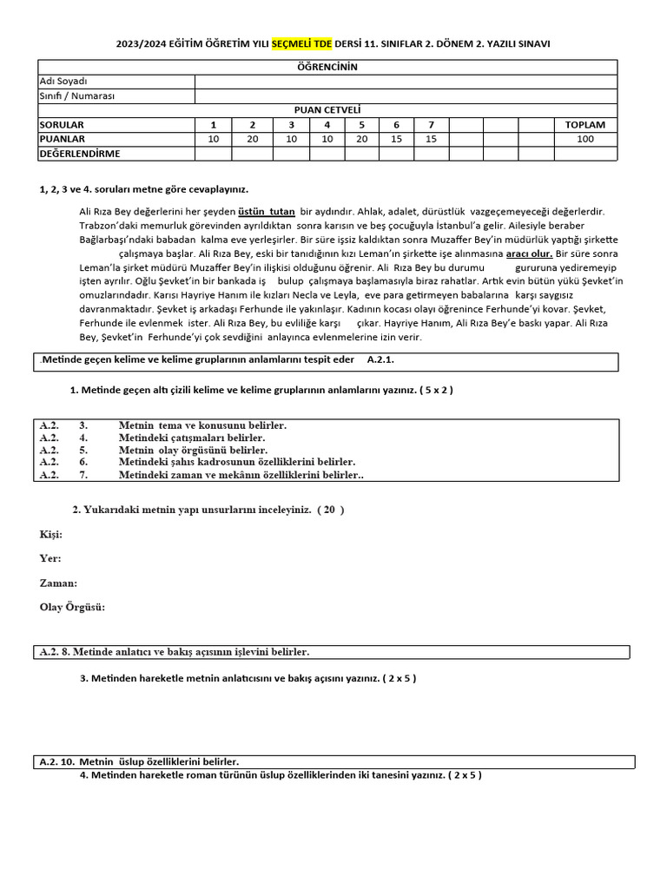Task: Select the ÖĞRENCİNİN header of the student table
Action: click(327, 67)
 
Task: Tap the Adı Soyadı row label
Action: click(63, 82)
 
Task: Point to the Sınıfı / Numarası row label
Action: click(77, 95)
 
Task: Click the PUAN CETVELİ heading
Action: click(327, 110)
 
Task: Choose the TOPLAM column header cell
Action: click(584, 124)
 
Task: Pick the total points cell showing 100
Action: click(584, 139)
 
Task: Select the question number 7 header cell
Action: click(431, 124)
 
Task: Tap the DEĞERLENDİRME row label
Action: click(80, 154)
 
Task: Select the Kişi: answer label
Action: click(51, 534)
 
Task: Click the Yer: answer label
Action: click(50, 558)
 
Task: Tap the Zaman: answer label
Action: click(58, 583)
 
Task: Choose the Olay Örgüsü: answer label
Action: click(72, 607)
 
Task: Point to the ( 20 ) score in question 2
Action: click(330, 510)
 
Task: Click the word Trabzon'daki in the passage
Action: click(110, 226)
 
